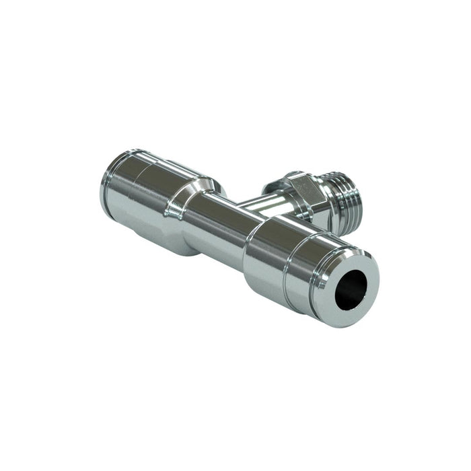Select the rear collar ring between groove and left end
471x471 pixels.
pyautogui.click(x=120, y=182)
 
